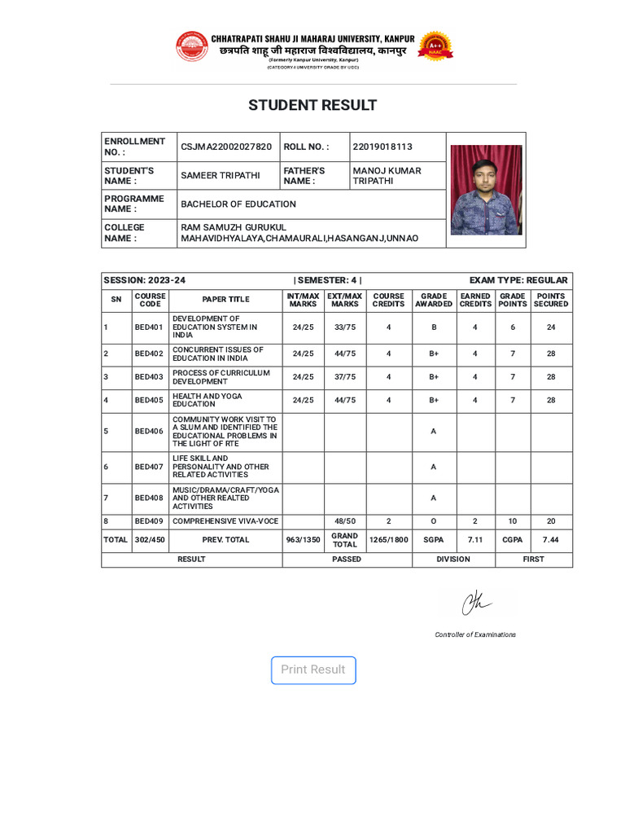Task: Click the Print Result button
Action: [313, 669]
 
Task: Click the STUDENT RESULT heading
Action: [312, 105]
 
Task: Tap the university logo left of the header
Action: [192, 46]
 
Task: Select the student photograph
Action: [486, 190]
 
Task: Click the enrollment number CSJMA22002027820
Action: [226, 147]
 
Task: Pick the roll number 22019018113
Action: [382, 147]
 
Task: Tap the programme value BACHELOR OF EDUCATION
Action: [238, 204]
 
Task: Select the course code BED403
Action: [149, 377]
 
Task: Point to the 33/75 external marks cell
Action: [345, 327]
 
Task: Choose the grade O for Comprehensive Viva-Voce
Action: [433, 520]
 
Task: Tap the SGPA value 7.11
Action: [475, 539]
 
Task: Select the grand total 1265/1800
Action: [388, 539]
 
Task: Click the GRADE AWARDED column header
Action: [433, 300]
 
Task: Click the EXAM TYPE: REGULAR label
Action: [518, 280]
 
